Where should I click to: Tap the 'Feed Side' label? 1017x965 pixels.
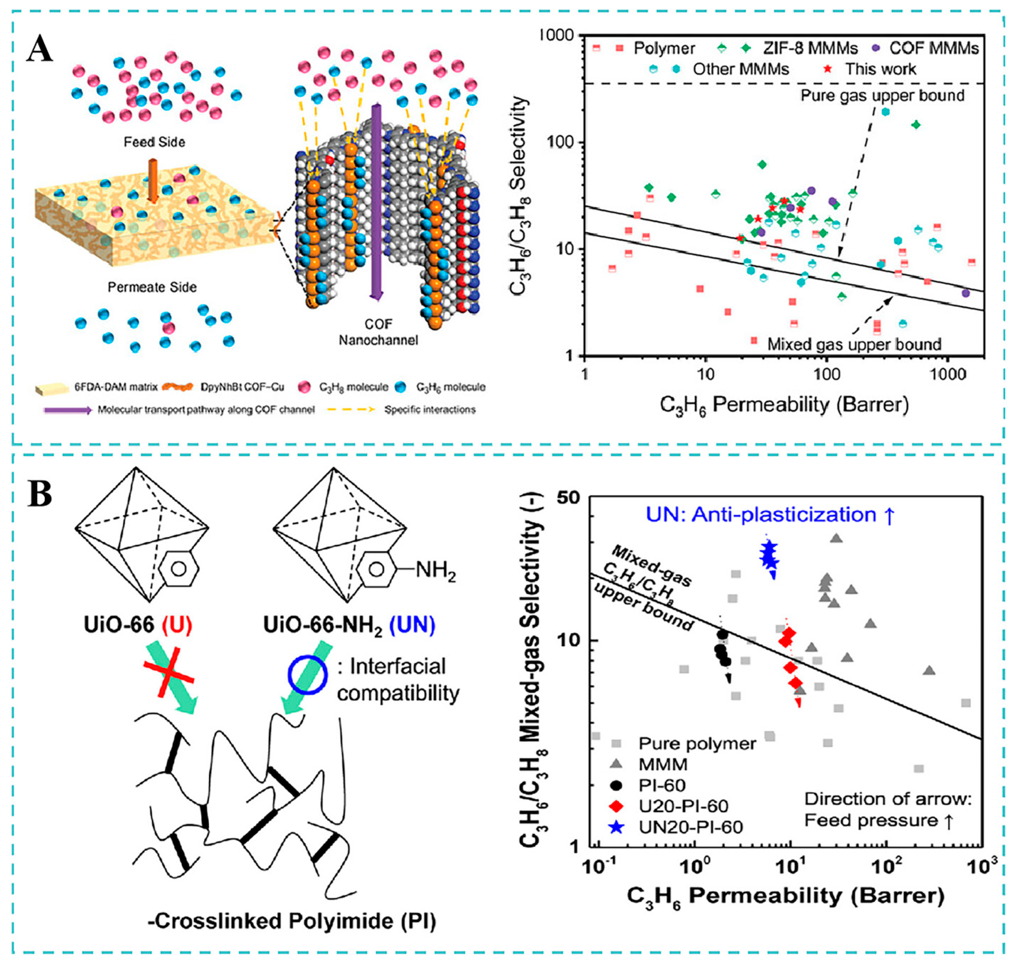point(154,142)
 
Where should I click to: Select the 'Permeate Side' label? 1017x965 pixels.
point(152,287)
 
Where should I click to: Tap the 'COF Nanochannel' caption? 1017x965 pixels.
point(378,332)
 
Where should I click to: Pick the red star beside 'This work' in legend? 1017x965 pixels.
point(828,69)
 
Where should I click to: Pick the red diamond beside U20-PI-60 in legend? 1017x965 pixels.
point(617,806)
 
